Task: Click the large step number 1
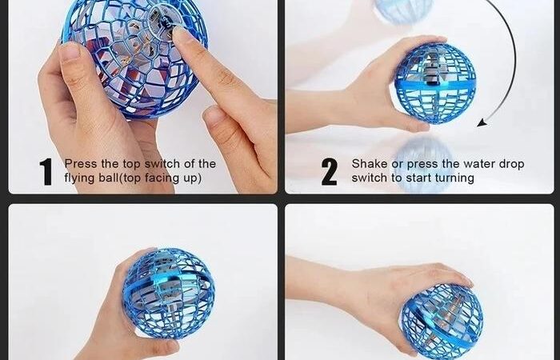(46, 172)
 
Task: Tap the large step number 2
(329, 172)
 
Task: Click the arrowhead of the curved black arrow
(482, 123)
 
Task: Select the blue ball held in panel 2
(435, 83)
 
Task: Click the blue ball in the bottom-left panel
(169, 294)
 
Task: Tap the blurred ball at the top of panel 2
(403, 10)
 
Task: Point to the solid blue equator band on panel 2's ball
(435, 86)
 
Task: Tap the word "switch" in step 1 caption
(162, 164)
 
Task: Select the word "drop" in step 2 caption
(511, 165)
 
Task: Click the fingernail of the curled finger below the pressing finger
(212, 114)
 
